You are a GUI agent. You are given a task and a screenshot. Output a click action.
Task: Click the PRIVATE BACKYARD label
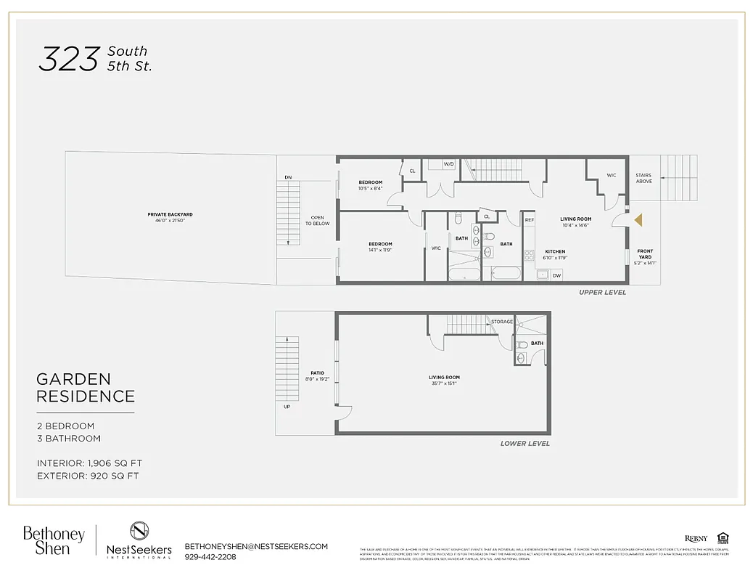point(169,215)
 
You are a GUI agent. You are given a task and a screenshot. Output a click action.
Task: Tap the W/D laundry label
point(448,164)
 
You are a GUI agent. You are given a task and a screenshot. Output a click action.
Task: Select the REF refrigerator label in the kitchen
point(529,220)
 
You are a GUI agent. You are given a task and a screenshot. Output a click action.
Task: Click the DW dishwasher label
point(556,275)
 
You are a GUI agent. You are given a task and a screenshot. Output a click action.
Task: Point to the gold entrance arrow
point(638,219)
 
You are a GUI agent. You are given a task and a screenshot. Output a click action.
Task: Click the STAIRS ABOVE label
point(643,178)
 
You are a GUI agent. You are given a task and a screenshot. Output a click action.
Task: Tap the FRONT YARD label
point(645,254)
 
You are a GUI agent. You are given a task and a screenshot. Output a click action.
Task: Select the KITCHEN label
point(555,251)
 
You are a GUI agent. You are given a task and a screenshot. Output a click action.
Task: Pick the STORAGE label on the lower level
point(501,322)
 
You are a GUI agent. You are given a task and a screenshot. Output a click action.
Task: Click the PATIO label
point(317,373)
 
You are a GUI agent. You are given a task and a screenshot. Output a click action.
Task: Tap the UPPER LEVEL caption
point(602,292)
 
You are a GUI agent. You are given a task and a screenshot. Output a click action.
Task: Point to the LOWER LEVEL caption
point(524,443)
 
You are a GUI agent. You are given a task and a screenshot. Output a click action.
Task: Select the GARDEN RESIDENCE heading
point(86,388)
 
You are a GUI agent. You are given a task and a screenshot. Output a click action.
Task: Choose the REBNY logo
point(696,538)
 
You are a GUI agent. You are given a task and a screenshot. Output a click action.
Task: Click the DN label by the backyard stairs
point(288,177)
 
